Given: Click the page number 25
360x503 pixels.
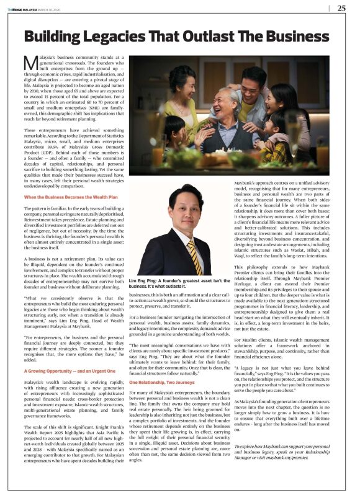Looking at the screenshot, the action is click(341, 8).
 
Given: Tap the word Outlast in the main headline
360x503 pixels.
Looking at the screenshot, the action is click(232, 35).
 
